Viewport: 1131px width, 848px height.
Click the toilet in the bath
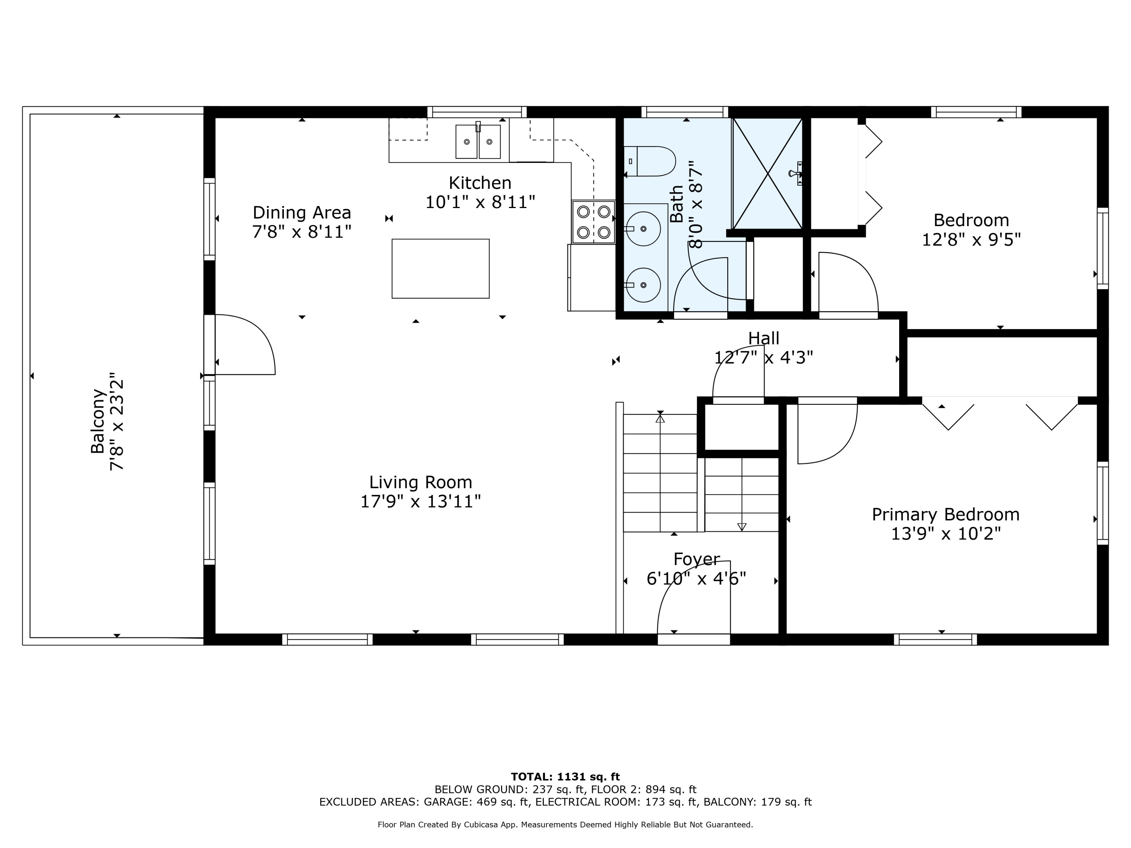point(649,161)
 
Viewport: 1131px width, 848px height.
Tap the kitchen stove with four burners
point(593,221)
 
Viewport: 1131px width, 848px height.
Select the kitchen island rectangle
point(440,268)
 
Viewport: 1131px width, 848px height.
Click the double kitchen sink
point(478,141)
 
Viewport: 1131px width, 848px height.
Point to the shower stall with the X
point(768,173)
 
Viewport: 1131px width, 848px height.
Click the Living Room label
point(420,482)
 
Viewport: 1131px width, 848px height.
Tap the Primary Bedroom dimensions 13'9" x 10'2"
point(946,534)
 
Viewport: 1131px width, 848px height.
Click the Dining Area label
point(302,212)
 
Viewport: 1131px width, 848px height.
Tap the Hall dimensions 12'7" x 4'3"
point(763,357)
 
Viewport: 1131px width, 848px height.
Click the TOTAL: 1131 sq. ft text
point(565,777)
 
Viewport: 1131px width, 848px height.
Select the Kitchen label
point(480,182)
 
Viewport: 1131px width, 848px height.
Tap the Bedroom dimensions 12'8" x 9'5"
point(971,239)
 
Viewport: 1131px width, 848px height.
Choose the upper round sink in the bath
point(643,228)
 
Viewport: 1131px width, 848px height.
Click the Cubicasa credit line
point(565,825)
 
